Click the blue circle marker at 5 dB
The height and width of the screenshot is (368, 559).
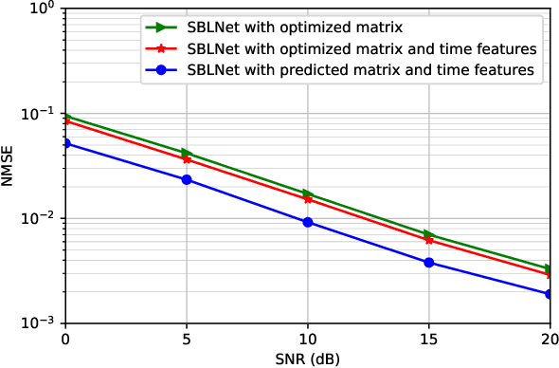187,179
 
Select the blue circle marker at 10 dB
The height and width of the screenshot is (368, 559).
308,222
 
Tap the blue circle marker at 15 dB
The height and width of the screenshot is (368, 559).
429,262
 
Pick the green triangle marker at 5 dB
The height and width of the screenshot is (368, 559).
187,153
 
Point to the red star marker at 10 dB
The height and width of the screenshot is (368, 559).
308,199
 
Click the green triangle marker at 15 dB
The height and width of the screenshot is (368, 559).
429,234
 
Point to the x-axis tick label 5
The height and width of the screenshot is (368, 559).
187,338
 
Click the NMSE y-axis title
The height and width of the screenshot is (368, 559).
9,166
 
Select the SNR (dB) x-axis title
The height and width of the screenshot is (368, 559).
307,358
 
